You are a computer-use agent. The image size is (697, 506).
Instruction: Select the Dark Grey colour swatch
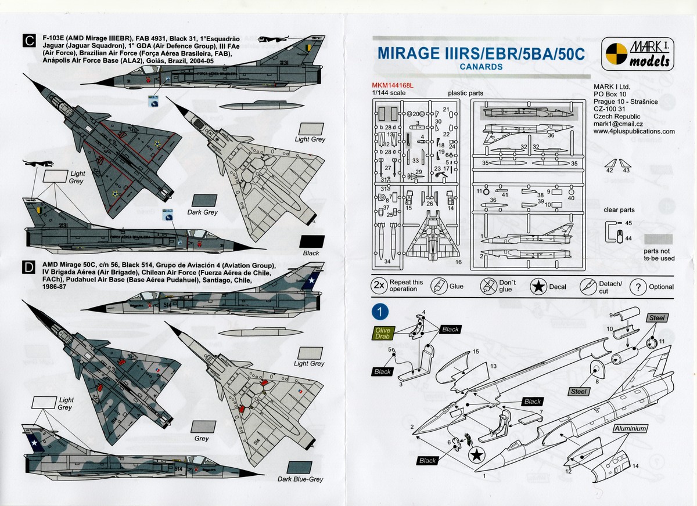coord(202,200)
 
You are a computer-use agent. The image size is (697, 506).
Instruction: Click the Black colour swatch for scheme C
coord(311,242)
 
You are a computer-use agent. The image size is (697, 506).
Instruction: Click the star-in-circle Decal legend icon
coord(541,286)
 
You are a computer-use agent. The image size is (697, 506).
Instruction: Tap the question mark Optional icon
coord(638,287)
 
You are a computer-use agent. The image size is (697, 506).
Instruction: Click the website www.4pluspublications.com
coord(634,131)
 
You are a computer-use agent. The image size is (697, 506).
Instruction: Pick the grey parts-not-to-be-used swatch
coord(659,239)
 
